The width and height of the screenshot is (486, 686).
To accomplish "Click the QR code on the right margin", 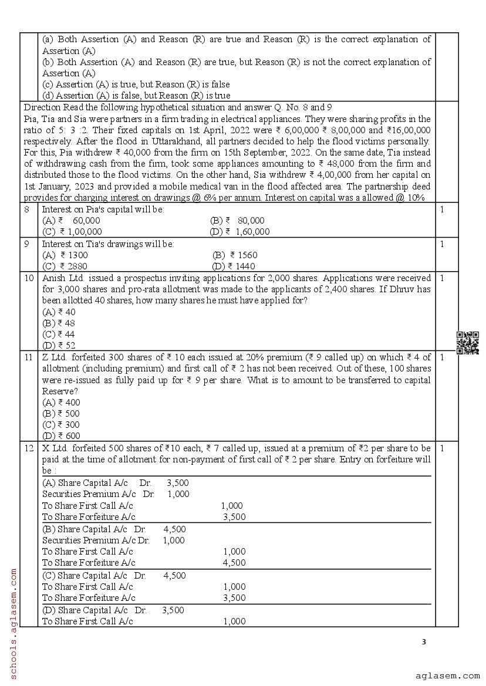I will pyautogui.click(x=468, y=343).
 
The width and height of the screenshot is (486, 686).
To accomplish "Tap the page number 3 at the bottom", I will pyautogui.click(x=424, y=641).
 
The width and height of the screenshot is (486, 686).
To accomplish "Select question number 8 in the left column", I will pyautogui.click(x=27, y=209).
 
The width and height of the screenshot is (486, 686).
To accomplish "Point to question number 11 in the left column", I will pyautogui.click(x=29, y=357).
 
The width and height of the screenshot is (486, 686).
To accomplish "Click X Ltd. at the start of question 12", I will pyautogui.click(x=54, y=448).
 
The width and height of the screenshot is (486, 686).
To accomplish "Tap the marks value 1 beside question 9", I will pyautogui.click(x=442, y=244).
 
